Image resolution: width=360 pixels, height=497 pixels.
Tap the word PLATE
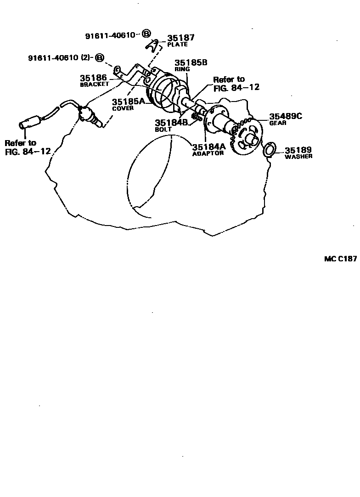click(x=177, y=45)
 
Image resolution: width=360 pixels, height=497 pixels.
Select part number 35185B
click(x=191, y=62)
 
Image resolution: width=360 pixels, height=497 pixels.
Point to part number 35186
click(x=93, y=78)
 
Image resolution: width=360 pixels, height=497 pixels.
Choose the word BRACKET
click(x=94, y=85)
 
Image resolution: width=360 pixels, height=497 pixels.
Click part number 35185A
click(x=129, y=102)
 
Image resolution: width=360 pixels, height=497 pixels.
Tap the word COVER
click(x=123, y=108)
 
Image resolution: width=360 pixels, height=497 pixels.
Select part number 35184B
click(x=172, y=123)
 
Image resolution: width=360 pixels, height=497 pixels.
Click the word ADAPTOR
click(x=208, y=153)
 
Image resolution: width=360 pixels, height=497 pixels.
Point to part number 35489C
click(x=286, y=117)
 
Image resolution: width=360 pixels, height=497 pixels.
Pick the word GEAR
click(x=278, y=123)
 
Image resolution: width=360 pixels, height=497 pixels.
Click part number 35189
click(x=298, y=150)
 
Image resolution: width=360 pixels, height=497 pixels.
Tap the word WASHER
click(x=298, y=157)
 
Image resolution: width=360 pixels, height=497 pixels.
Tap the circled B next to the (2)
click(x=100, y=57)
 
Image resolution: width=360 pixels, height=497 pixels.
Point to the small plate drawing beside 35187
click(x=154, y=44)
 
